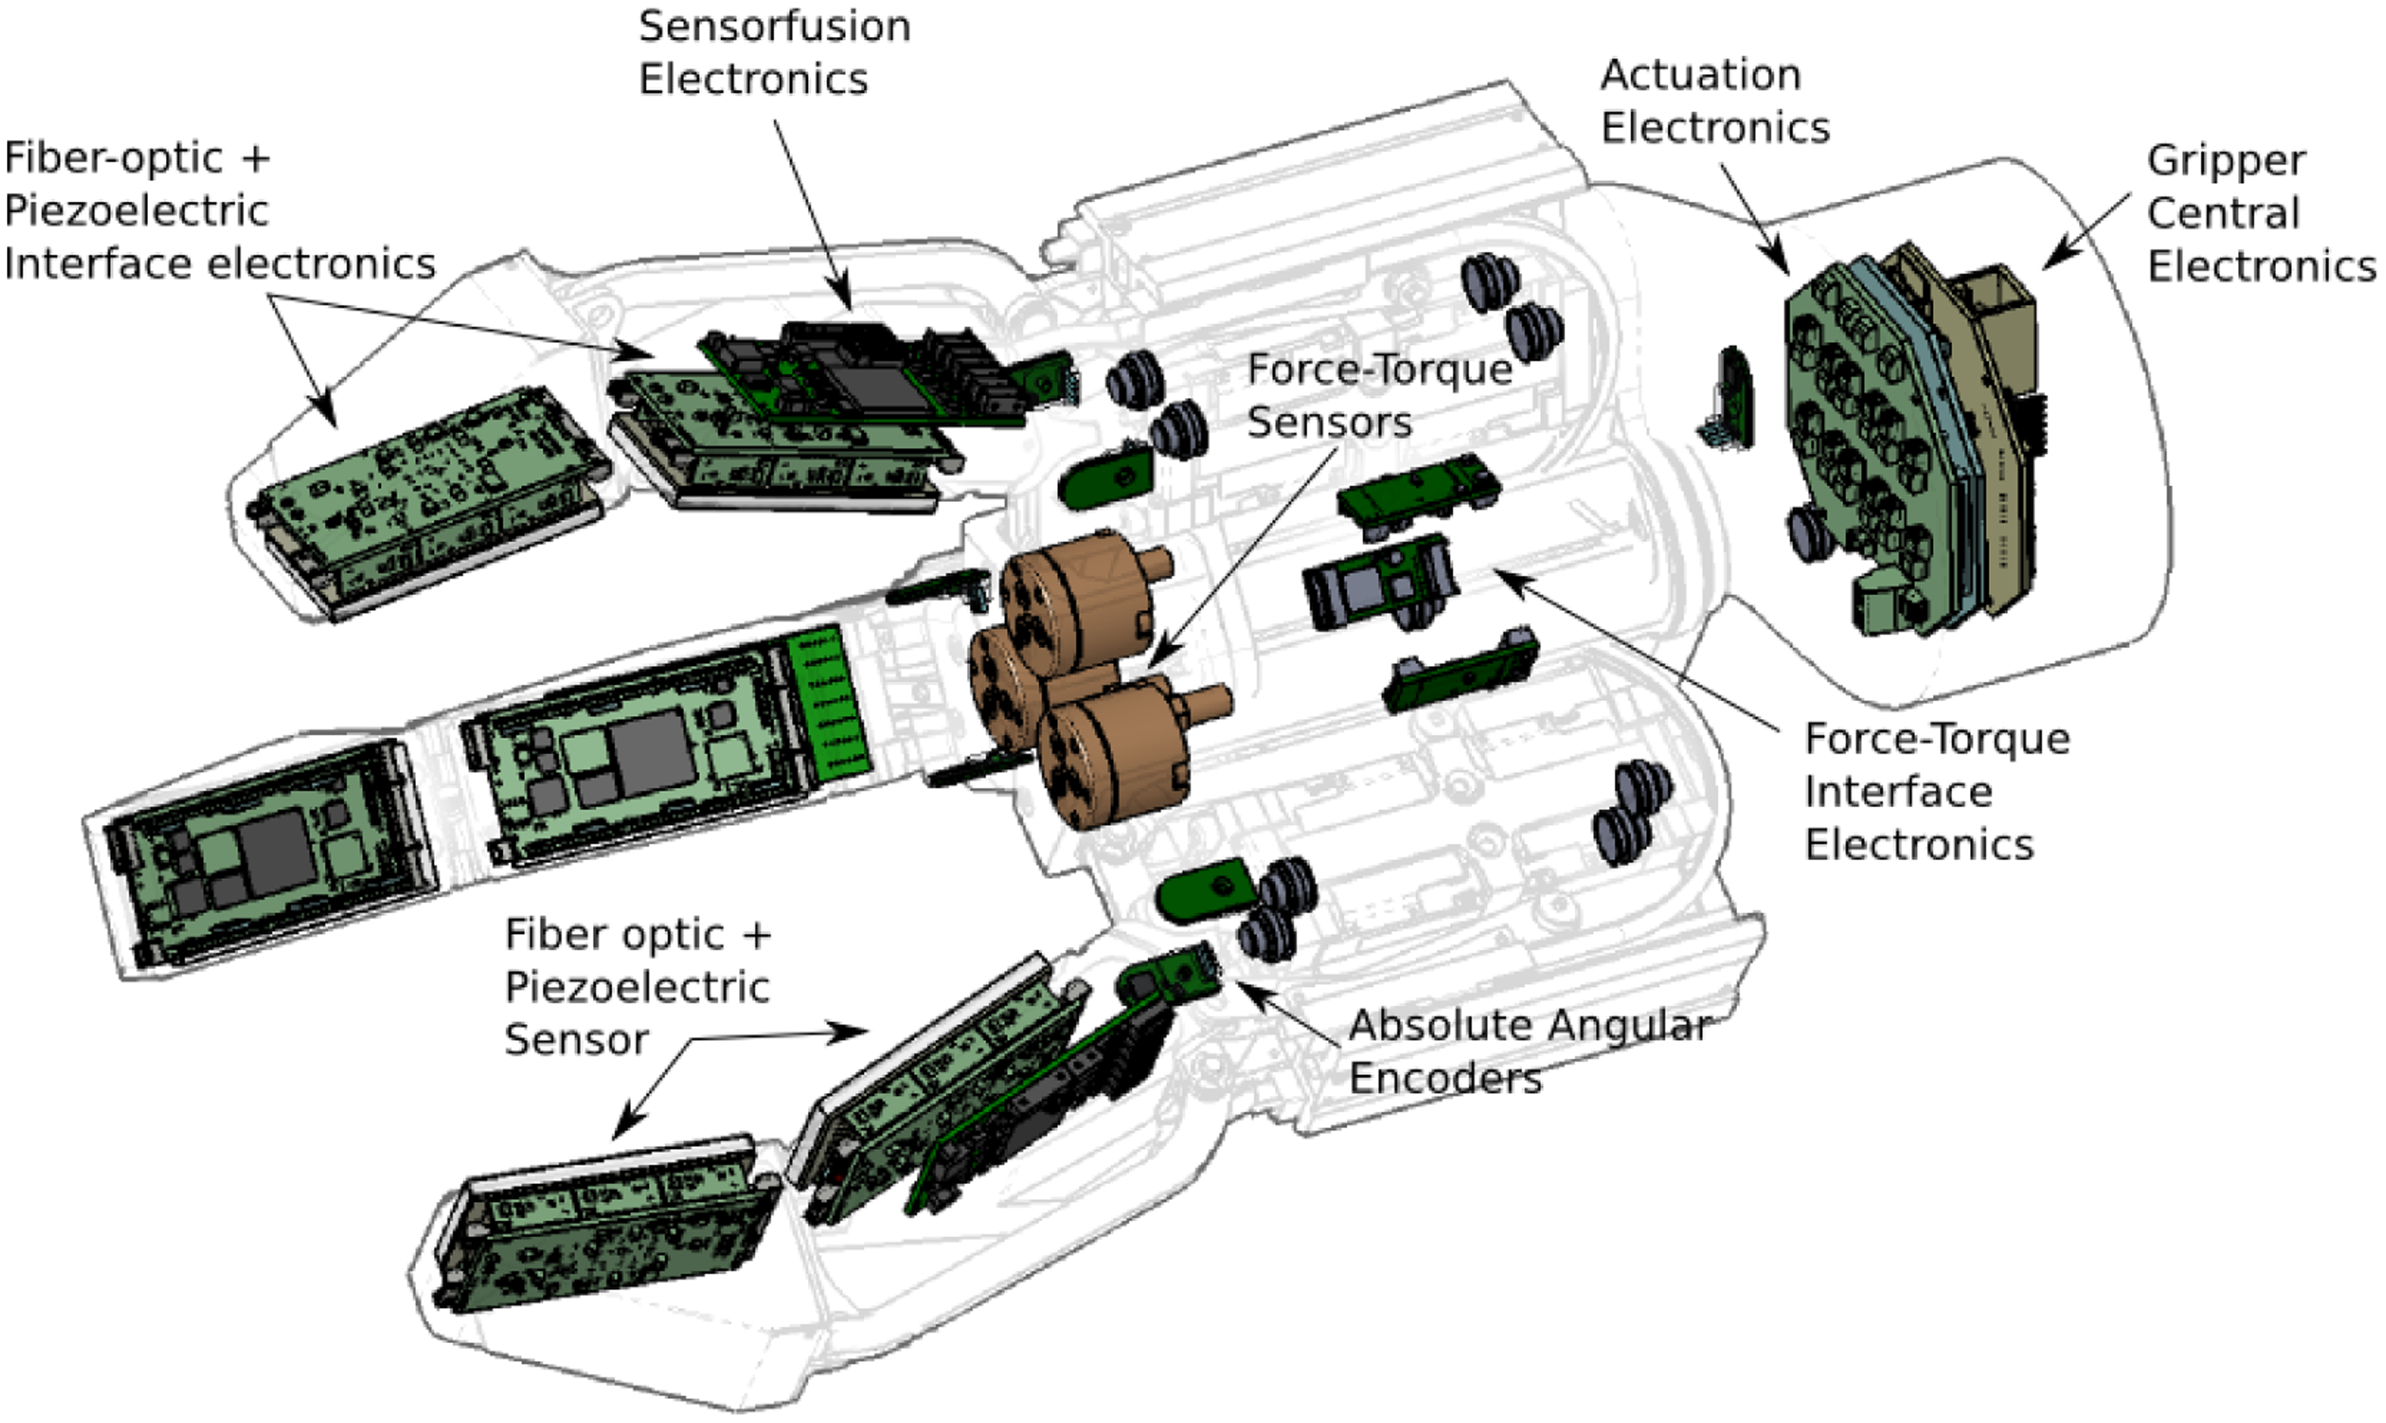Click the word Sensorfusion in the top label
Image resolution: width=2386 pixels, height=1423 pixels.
click(x=774, y=27)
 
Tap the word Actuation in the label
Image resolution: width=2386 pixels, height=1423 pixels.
click(x=1700, y=76)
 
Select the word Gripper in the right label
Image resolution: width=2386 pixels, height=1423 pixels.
click(x=2225, y=160)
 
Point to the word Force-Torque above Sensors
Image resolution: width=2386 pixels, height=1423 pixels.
click(x=1379, y=370)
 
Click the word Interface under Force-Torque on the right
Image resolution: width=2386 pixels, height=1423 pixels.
click(x=1898, y=793)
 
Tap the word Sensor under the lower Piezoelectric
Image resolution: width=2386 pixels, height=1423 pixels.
click(x=577, y=1041)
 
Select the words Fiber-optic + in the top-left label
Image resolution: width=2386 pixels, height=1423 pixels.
click(x=138, y=158)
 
